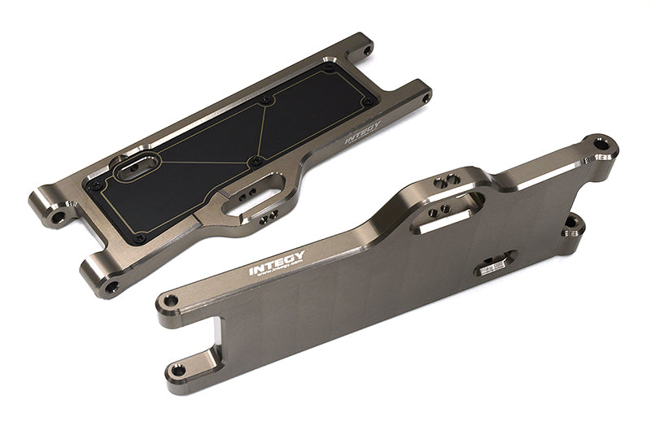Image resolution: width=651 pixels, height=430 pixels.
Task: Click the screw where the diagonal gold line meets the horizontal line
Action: (256, 161)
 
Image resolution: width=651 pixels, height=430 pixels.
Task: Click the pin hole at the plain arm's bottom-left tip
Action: (177, 371)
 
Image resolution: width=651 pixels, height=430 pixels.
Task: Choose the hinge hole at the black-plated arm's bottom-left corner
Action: (111, 287)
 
